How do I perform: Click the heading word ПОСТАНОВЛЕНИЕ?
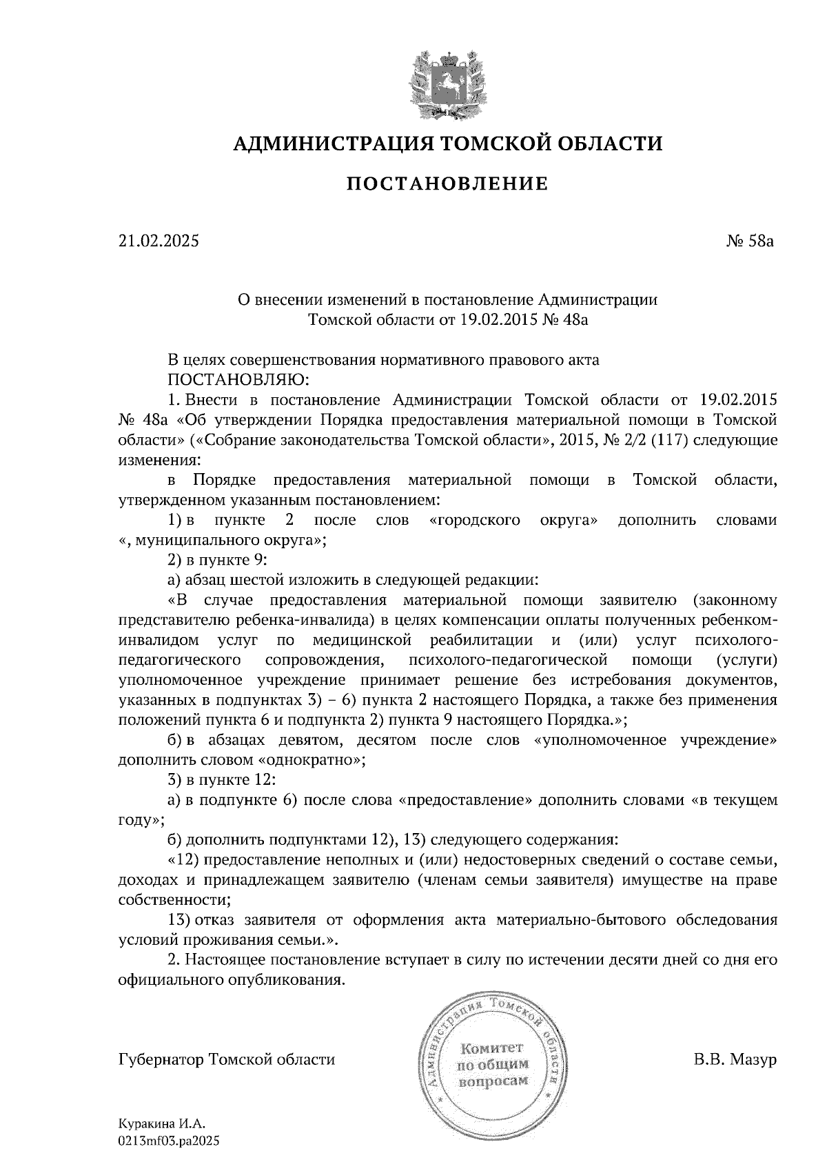[447, 183]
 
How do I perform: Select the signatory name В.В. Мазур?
[735, 1059]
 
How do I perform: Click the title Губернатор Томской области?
[227, 1059]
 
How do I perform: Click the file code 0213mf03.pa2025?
[168, 1141]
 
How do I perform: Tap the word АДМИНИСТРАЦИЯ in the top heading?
[333, 143]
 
